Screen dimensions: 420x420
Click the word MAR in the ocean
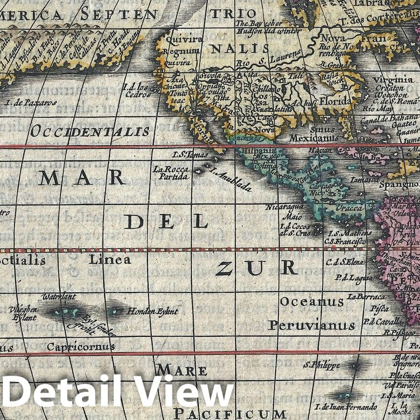pyautogui.click(x=82, y=178)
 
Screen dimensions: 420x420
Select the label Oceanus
pyautogui.click(x=312, y=302)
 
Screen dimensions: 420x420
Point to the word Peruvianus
pyautogui.click(x=311, y=325)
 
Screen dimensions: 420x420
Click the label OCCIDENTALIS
pyautogui.click(x=90, y=132)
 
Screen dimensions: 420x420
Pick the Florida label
pyautogui.click(x=335, y=101)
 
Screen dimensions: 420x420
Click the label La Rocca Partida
pyautogui.click(x=170, y=172)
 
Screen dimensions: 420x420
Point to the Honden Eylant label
pyautogui.click(x=153, y=312)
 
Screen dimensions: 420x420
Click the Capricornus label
pyautogui.click(x=81, y=347)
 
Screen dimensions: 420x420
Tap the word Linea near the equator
pyautogui.click(x=110, y=260)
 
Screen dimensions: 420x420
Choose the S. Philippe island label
pyautogui.click(x=322, y=365)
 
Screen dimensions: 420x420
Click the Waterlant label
pyautogui.click(x=59, y=297)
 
